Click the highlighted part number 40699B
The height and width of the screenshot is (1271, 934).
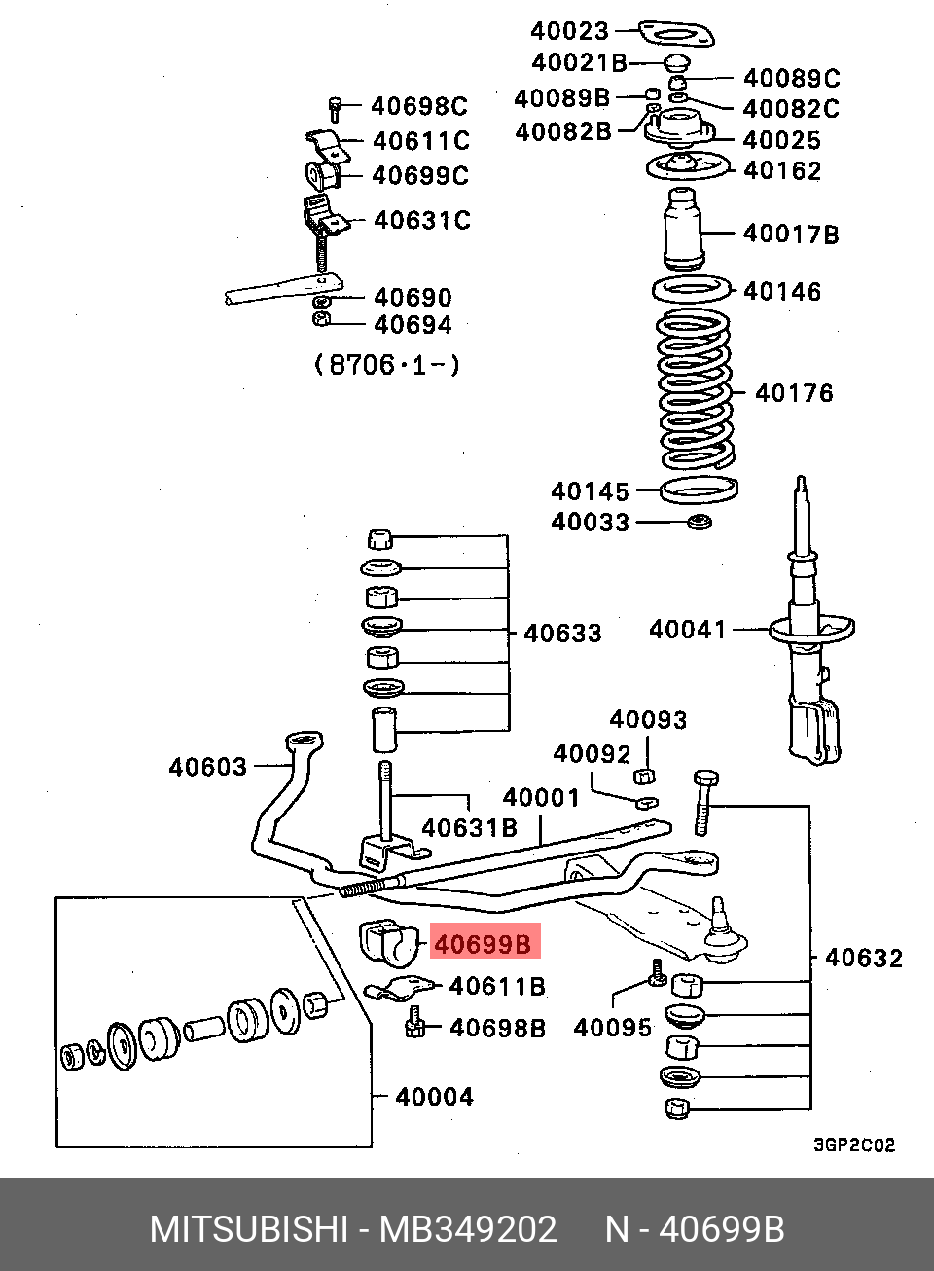pyautogui.click(x=484, y=944)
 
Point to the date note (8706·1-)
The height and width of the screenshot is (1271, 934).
pyautogui.click(x=386, y=365)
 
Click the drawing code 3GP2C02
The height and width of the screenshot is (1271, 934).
pyautogui.click(x=853, y=1144)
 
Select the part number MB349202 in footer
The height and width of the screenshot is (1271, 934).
pyautogui.click(x=468, y=1229)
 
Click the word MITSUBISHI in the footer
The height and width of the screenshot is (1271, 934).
pyautogui.click(x=248, y=1229)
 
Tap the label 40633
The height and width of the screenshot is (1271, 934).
pyautogui.click(x=562, y=633)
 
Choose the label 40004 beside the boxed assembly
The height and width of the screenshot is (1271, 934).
pyautogui.click(x=434, y=1097)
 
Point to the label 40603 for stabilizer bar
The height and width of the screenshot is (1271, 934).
pyautogui.click(x=208, y=767)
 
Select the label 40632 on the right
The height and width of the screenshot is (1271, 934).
pyautogui.click(x=864, y=959)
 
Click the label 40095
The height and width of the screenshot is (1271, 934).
pyautogui.click(x=613, y=1028)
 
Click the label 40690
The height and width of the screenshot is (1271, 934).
pyautogui.click(x=413, y=297)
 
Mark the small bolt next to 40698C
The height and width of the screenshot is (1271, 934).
pyautogui.click(x=335, y=105)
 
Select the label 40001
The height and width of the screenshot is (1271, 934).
pyautogui.click(x=541, y=798)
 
